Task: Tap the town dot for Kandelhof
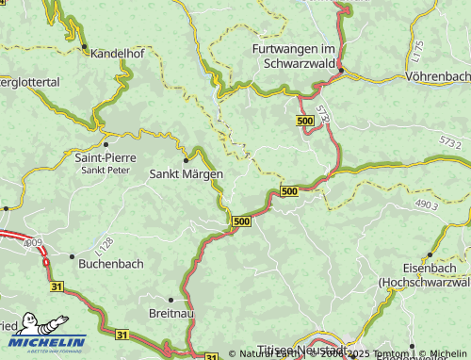(x=84, y=46)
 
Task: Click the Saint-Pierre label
(x=104, y=157)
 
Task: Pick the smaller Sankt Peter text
(x=106, y=171)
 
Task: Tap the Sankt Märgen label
(x=187, y=174)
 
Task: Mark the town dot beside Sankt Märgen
(x=187, y=159)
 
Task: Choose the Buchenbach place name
(x=111, y=264)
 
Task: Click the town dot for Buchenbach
(x=72, y=255)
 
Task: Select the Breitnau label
(x=170, y=313)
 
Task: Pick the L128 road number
(x=103, y=243)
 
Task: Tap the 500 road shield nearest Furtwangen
(x=304, y=123)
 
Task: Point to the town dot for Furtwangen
(x=341, y=70)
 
